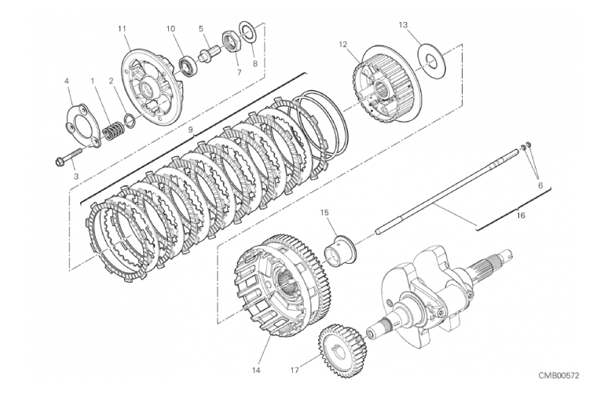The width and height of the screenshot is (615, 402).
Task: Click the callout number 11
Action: (x=122, y=28)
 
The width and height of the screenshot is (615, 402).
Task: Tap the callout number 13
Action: (x=403, y=25)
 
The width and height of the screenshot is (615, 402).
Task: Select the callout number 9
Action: (x=191, y=130)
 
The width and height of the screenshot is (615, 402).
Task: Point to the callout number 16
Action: (x=521, y=215)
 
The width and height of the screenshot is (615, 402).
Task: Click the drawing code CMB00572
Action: (x=558, y=376)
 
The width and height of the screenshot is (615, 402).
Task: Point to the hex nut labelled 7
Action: (x=230, y=41)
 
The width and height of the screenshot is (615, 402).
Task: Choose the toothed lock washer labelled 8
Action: (x=248, y=32)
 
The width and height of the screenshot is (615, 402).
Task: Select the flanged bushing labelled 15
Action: (x=340, y=251)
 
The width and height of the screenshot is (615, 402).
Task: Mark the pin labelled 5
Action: (x=209, y=53)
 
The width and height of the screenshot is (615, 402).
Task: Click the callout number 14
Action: (x=256, y=370)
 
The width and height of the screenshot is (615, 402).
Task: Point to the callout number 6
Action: (x=540, y=185)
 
